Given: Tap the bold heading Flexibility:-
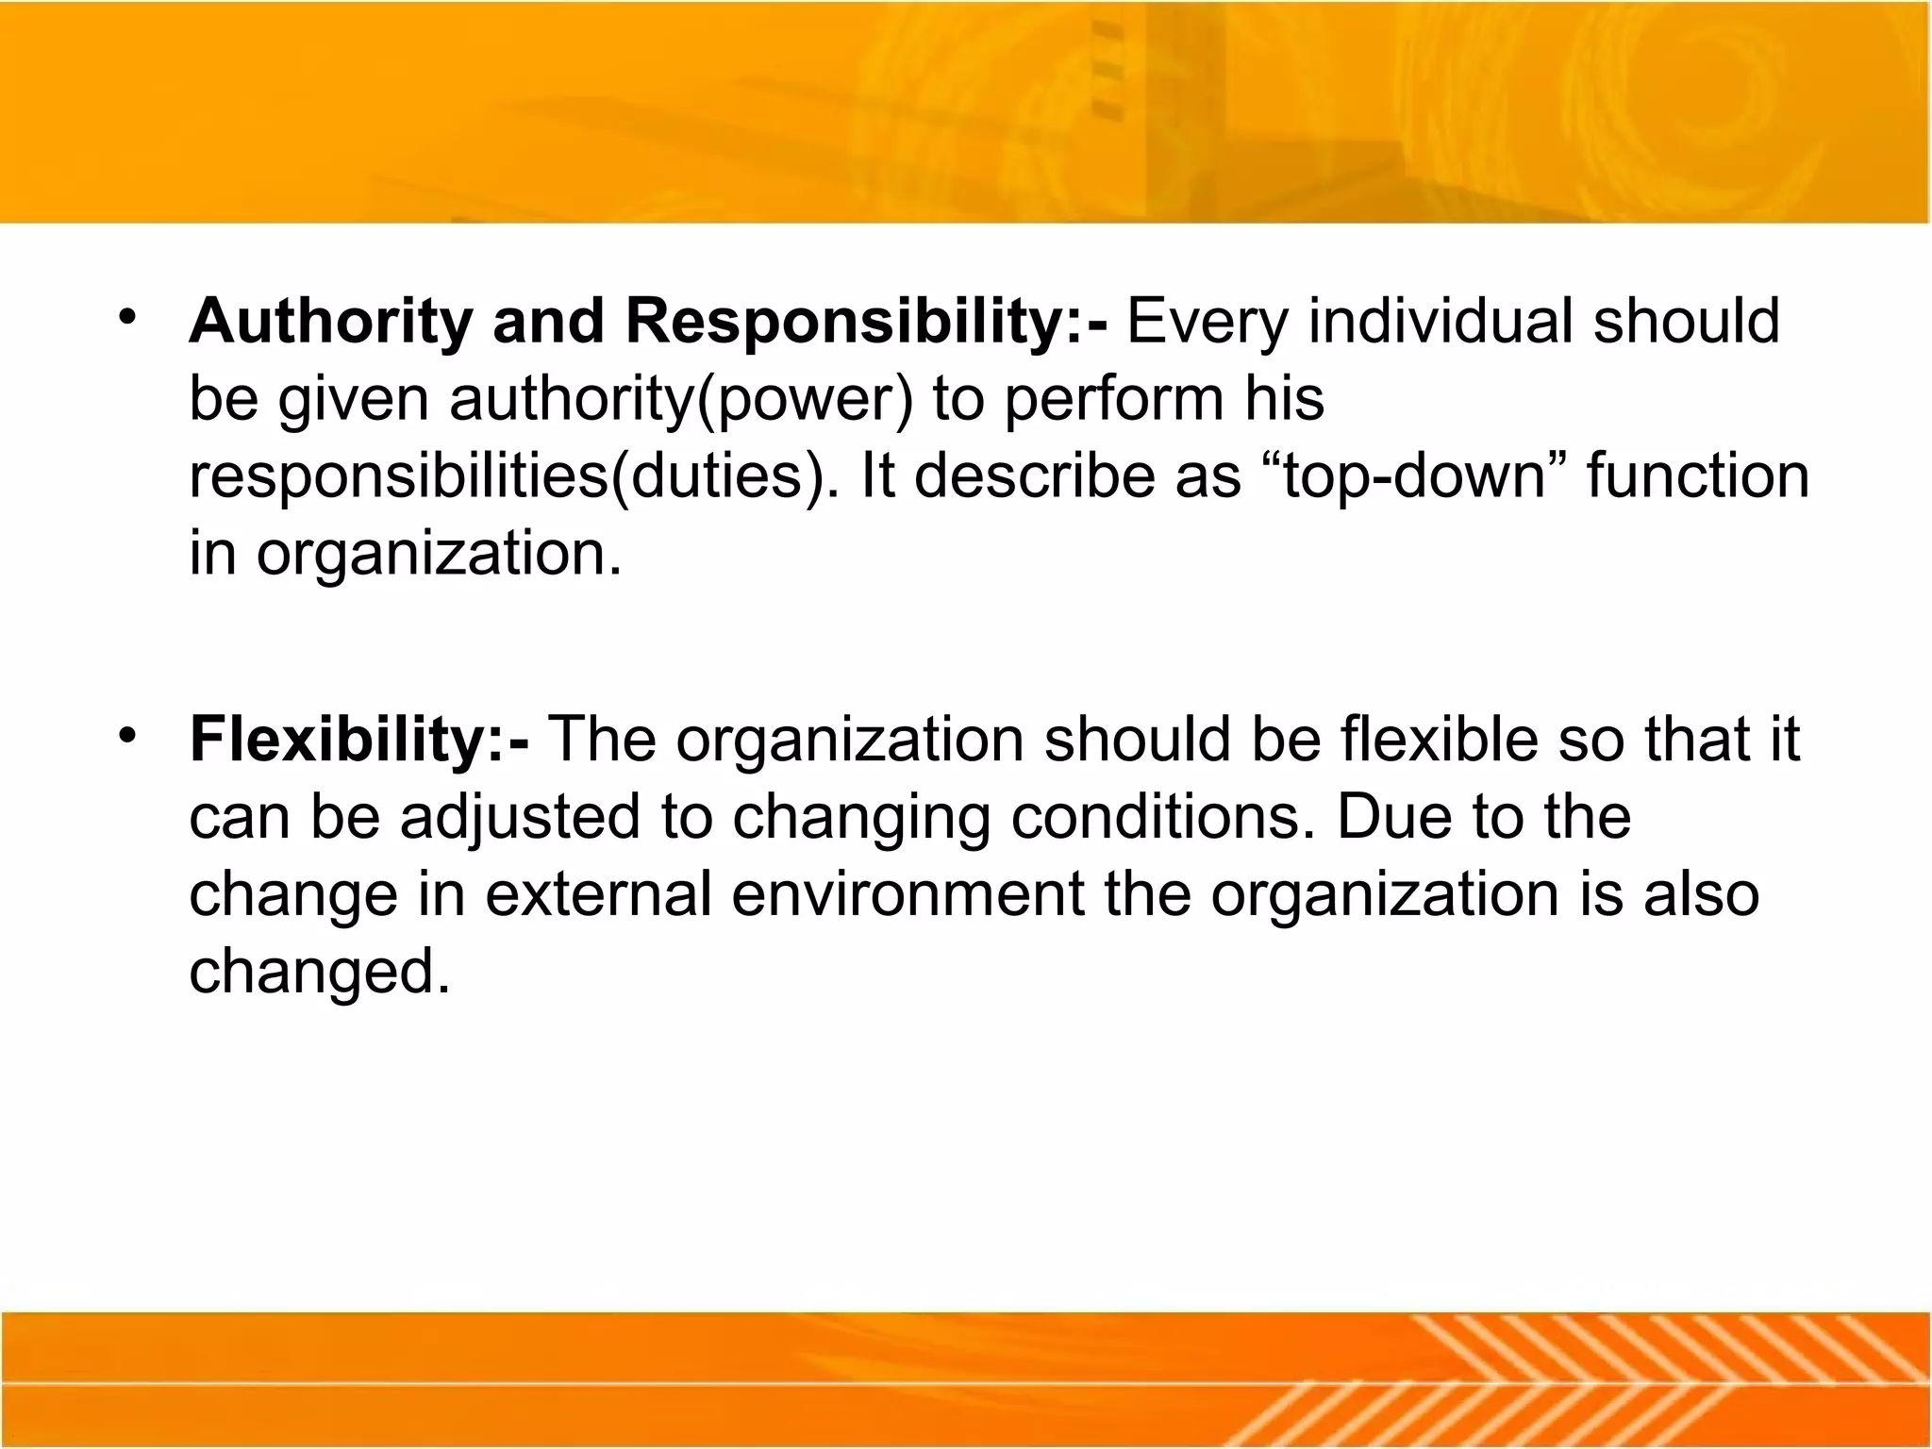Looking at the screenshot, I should (358, 739).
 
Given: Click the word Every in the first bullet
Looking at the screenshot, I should (1207, 322).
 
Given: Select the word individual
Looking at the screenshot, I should (1440, 322).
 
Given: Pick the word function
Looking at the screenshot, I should (1697, 476).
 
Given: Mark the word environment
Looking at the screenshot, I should (908, 893).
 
